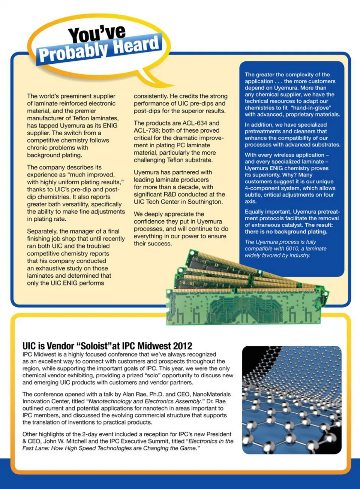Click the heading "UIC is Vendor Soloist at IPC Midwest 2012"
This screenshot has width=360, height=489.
107,346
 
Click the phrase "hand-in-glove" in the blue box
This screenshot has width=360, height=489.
310,108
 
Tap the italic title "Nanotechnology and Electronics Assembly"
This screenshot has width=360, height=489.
145,401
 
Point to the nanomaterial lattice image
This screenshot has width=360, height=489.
292,400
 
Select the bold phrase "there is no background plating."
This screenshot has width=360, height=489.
286,232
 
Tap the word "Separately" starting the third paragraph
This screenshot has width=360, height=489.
42,231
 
